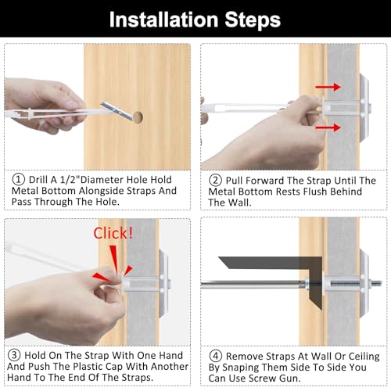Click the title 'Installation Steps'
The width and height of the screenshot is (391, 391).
195,19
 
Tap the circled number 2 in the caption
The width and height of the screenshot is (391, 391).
214,178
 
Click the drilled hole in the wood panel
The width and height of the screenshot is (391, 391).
138,117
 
